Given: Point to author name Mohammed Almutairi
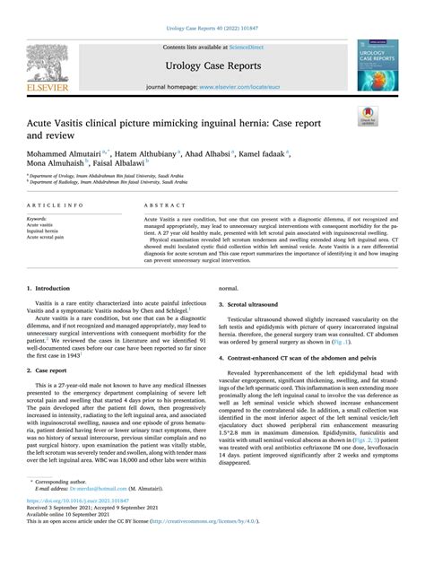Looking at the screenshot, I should click(x=73, y=154).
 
